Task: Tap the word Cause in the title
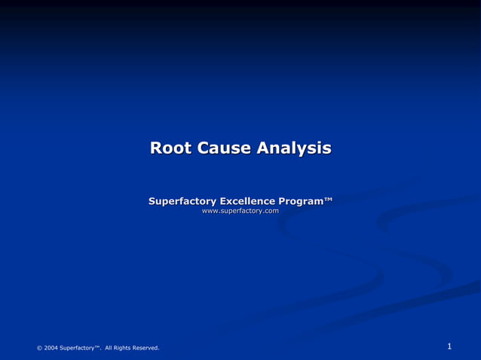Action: pos(224,148)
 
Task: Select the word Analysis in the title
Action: pos(293,148)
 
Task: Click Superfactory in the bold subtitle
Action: pos(182,201)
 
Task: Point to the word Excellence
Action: pos(247,201)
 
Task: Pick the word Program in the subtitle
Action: pos(301,202)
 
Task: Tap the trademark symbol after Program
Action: pos(328,199)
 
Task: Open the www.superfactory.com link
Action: pos(240,212)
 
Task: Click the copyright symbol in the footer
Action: pos(39,348)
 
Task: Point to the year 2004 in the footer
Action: pos(51,348)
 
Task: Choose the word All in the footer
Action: pos(109,348)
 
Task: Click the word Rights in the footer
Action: pos(122,348)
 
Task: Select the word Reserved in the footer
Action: pos(146,348)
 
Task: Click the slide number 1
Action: pos(449,346)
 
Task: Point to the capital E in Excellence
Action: pos(223,201)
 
